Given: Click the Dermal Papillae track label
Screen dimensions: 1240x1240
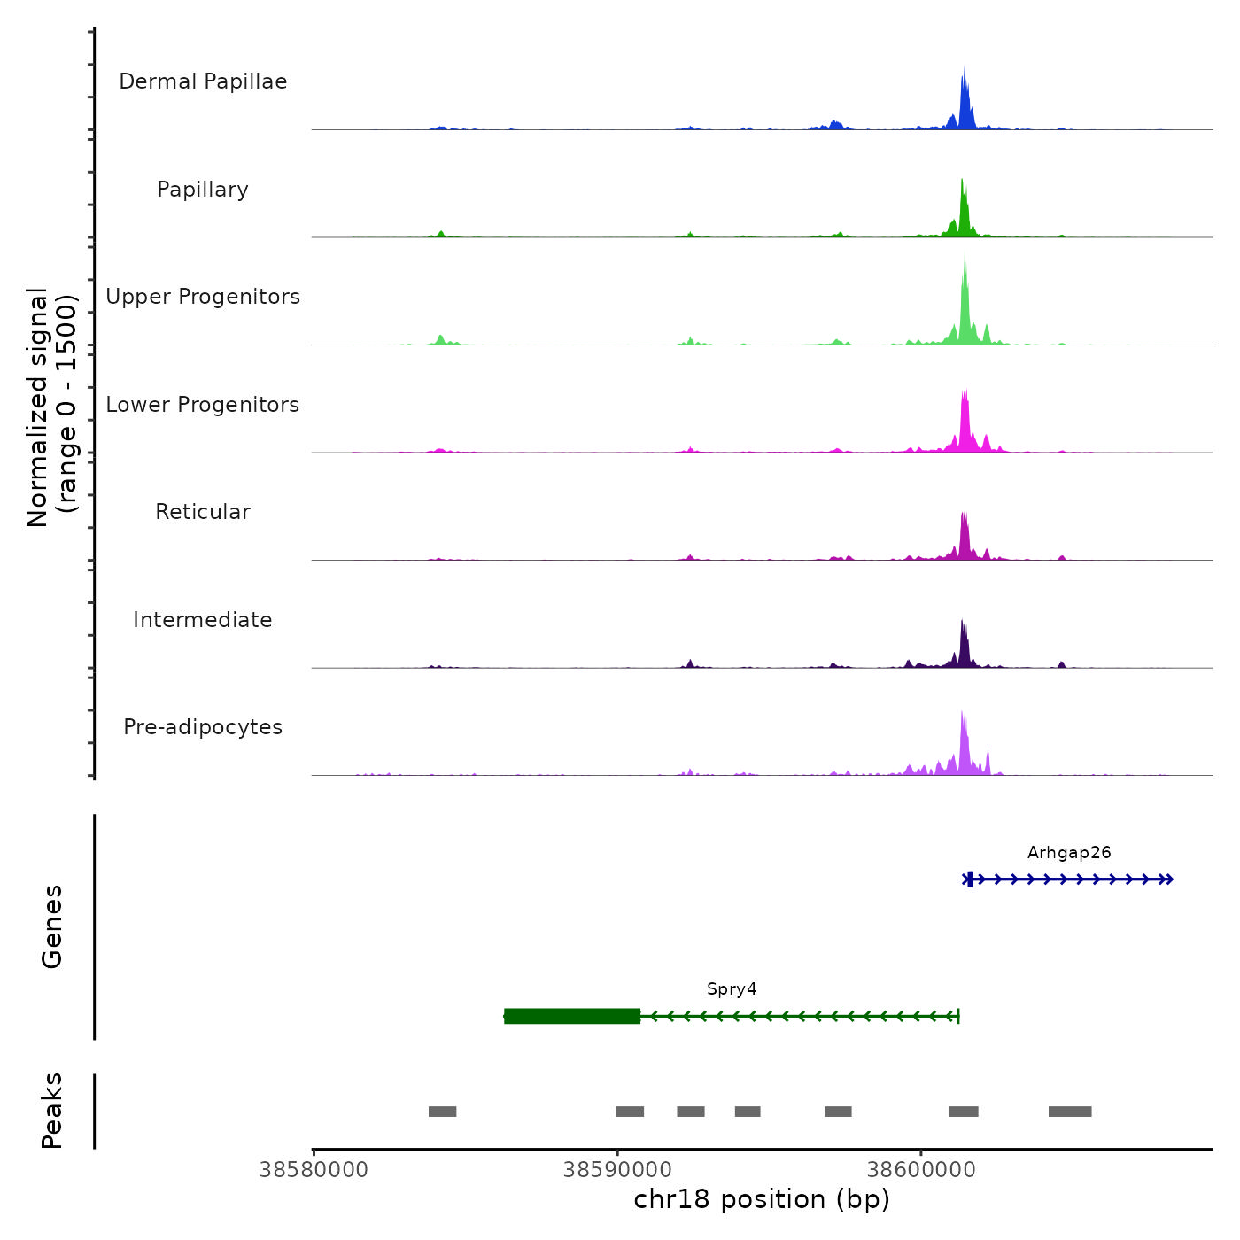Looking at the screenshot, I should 203,81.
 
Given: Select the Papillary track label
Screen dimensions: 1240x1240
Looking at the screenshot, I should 203,190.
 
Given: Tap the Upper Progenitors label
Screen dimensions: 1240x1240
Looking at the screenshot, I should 203,297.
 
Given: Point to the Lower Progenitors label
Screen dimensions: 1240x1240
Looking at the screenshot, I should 203,405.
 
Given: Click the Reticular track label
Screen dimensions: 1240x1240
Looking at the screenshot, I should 203,512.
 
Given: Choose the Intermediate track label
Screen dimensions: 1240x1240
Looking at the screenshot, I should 203,620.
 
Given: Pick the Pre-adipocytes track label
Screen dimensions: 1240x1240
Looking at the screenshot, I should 203,727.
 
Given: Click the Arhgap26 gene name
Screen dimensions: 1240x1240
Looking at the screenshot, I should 1069,853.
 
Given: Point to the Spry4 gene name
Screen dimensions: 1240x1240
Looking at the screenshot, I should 732,989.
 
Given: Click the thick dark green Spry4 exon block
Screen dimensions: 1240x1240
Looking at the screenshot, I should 572,1016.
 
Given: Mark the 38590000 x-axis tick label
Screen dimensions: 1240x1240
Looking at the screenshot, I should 617,1170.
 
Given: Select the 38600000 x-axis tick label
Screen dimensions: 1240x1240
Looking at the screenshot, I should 921,1170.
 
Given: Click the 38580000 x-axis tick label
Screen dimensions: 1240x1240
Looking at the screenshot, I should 314,1170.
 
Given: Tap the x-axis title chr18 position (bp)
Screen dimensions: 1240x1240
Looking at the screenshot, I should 762,1199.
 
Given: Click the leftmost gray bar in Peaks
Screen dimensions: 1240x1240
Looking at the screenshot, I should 442,1112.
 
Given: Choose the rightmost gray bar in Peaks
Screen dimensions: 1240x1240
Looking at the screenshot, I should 1070,1112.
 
